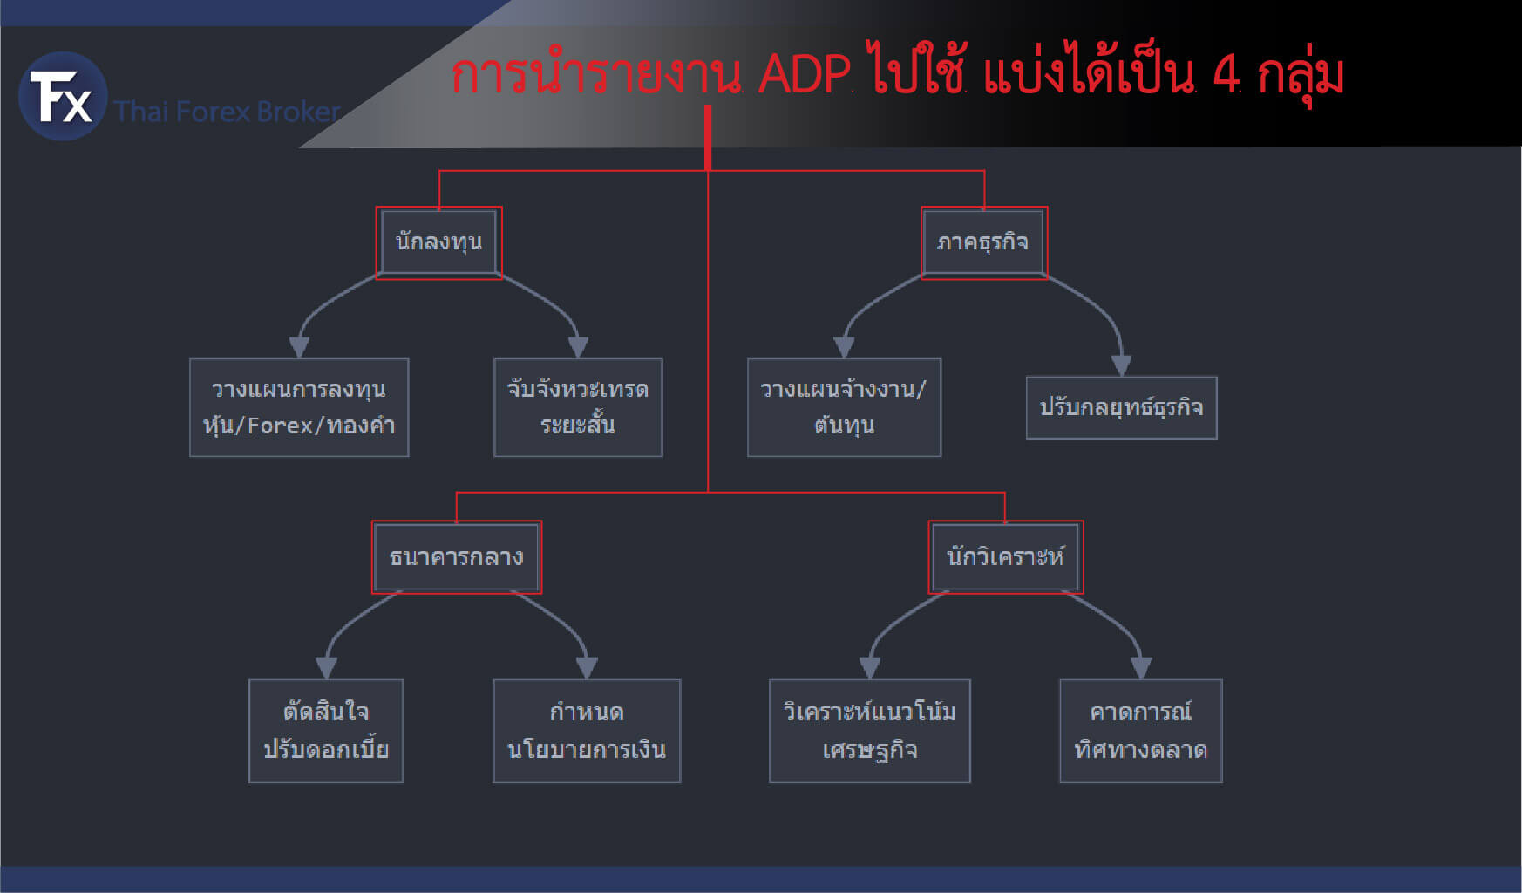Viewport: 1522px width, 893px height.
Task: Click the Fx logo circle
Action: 63,96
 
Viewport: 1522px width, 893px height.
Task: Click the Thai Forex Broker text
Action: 228,112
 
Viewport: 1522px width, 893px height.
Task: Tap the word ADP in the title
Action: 804,75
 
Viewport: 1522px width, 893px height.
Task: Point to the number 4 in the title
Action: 1226,75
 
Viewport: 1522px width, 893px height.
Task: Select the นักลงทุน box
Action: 438,242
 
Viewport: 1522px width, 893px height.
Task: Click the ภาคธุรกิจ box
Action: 983,242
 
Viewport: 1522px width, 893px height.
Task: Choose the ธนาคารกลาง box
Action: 457,557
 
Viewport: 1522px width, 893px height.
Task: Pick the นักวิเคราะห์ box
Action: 1006,557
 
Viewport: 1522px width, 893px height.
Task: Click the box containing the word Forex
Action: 299,407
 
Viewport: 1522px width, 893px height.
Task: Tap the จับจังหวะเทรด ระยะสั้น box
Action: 578,407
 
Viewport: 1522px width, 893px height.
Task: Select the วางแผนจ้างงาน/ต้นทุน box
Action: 844,407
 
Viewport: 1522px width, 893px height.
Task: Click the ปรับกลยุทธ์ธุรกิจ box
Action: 1122,407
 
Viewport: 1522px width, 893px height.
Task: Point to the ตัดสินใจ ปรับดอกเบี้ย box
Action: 326,731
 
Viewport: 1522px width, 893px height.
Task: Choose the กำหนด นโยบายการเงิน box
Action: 587,731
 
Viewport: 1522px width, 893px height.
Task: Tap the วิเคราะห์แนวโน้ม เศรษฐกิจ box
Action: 870,731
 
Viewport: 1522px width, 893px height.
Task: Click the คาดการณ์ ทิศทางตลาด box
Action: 1141,731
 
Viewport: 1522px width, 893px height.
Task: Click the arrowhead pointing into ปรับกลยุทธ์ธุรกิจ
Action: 1122,366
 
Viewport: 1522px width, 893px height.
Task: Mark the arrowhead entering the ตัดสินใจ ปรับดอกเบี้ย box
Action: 326,669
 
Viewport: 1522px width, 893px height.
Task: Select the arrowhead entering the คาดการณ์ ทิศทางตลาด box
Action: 1141,669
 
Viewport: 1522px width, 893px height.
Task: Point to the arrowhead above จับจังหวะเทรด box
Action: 578,348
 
